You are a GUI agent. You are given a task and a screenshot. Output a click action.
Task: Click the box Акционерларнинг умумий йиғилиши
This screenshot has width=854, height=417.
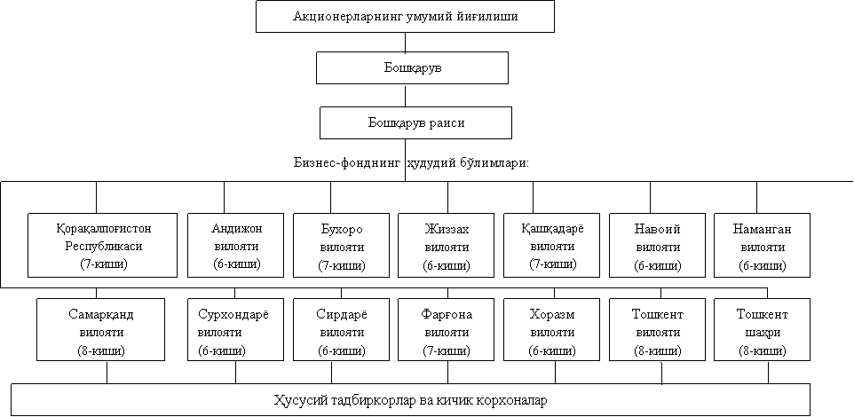405,16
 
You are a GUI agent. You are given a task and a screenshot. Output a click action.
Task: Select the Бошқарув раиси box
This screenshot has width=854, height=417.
415,122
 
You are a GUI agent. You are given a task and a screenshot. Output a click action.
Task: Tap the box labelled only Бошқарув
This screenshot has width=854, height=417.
412,68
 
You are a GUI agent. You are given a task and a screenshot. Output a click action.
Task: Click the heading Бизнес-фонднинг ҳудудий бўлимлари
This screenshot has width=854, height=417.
411,162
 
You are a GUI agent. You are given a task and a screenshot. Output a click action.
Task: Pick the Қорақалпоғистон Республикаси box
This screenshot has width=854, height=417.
103,245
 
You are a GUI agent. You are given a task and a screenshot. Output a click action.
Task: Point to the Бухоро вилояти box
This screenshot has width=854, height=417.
342,245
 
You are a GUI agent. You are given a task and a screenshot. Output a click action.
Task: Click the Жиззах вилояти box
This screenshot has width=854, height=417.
446,245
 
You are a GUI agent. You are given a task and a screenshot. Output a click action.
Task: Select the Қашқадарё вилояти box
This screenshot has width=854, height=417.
551,245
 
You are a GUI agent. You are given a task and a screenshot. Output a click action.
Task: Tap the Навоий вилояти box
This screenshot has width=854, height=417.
658,245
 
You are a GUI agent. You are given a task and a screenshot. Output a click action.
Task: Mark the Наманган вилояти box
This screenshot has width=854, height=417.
762,245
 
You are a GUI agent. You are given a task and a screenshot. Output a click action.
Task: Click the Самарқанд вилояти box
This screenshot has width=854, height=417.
101,329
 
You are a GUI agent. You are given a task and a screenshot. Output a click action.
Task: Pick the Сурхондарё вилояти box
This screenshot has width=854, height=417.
235,329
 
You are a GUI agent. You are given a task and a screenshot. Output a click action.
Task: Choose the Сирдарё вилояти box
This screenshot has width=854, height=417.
342,329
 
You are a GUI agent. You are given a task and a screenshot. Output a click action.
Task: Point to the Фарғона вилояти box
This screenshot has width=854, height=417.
446,329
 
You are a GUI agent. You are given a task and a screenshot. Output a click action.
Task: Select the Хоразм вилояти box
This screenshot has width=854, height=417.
551,329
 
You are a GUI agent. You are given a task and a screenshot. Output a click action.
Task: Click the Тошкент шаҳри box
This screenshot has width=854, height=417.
762,329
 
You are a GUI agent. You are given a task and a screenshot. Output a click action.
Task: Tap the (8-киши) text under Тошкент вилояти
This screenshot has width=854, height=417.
657,351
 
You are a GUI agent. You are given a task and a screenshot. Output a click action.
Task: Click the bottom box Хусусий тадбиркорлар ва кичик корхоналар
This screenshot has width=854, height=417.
411,400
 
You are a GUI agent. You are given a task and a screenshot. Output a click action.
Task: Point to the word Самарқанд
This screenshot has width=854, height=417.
101,315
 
